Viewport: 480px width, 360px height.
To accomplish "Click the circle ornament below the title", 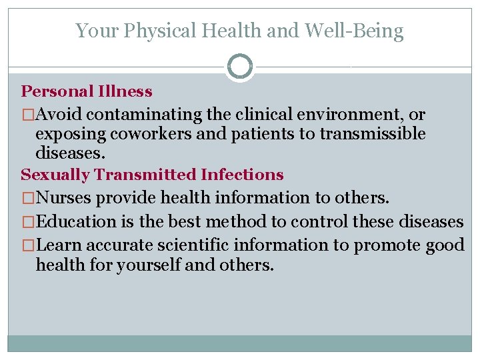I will [239, 67].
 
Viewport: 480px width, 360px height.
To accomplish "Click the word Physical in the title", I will [153, 31].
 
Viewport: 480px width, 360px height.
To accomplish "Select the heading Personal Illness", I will [87, 91].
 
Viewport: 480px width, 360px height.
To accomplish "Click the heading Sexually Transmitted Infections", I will [152, 175].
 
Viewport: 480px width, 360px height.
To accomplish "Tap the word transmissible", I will [373, 133].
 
